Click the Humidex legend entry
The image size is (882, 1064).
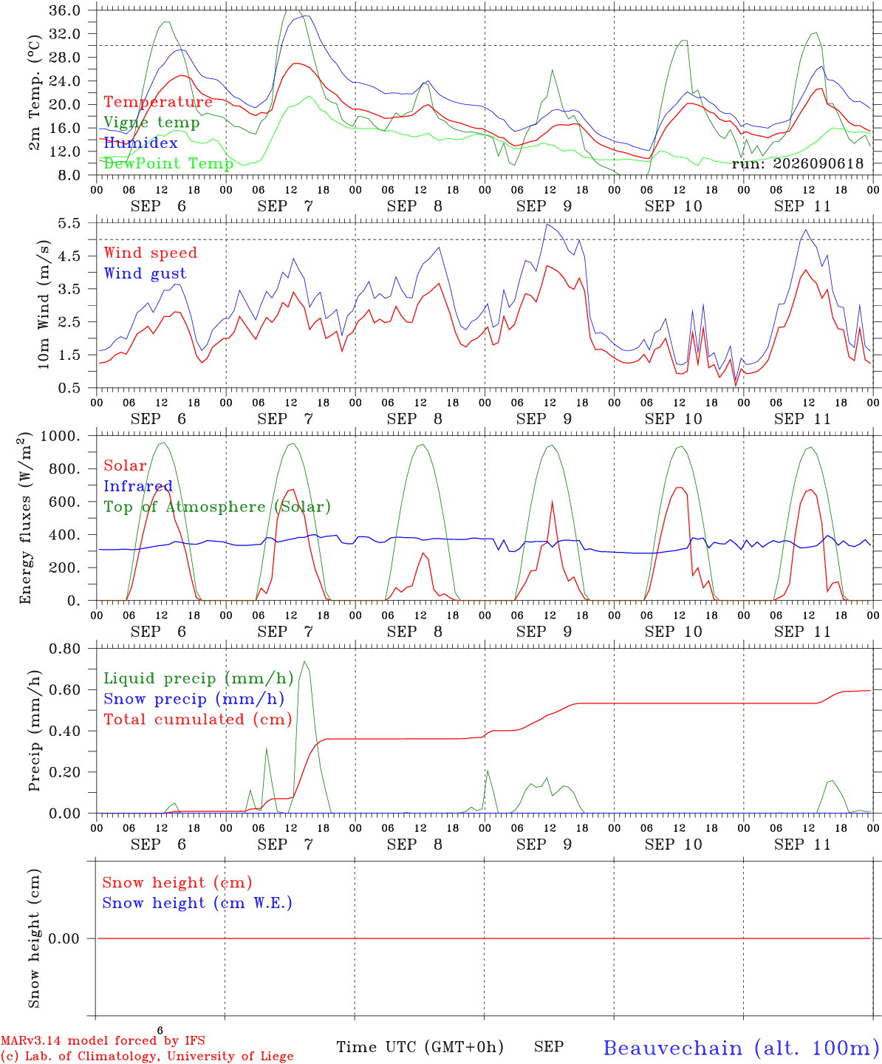click(140, 143)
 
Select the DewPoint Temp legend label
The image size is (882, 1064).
click(168, 163)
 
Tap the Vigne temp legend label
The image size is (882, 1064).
click(152, 123)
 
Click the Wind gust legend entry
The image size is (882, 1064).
click(146, 273)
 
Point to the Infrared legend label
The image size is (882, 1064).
click(138, 486)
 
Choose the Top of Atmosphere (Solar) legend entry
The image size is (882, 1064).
click(218, 507)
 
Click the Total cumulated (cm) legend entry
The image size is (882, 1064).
click(198, 720)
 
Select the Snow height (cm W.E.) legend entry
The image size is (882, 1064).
click(197, 903)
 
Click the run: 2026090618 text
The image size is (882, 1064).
click(798, 163)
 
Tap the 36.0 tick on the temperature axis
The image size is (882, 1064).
click(65, 10)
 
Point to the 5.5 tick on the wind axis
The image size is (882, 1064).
click(69, 223)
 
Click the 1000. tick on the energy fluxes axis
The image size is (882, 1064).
click(61, 436)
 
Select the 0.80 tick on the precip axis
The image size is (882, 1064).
click(65, 649)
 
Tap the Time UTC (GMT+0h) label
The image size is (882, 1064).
click(420, 1047)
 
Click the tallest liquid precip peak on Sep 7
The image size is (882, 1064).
click(304, 661)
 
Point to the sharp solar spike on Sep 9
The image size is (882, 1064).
click(552, 502)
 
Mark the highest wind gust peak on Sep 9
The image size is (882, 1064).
click(547, 224)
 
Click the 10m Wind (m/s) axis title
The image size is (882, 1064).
click(44, 304)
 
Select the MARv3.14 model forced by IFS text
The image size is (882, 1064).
click(103, 1040)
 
